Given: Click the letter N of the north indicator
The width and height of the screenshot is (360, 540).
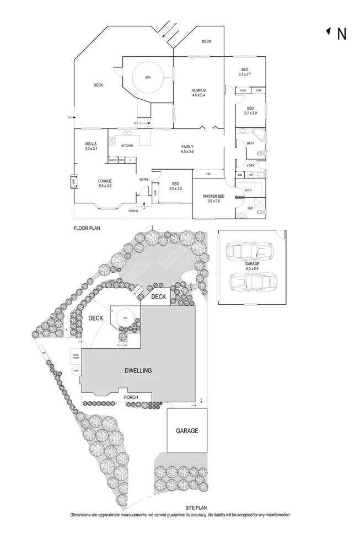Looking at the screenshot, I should coord(341,34).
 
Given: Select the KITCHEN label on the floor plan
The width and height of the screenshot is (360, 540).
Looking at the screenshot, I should coord(127,145).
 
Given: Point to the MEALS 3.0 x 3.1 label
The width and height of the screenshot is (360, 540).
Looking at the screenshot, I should coord(91,146).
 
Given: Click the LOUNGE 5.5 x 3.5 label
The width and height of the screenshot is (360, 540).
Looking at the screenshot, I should coord(105,183).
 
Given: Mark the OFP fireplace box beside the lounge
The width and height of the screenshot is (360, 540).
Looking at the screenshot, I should coord(72,181).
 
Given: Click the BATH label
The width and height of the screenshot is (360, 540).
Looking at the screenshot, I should coord(250,143).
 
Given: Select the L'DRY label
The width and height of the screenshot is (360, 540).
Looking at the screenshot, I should coord(250,165).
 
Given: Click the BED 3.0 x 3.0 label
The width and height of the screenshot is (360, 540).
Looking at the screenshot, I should coord(175,186).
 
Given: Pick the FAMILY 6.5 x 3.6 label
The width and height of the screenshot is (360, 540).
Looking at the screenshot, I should coord(187,149).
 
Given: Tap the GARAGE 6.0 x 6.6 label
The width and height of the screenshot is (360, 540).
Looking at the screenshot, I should coord(252,266).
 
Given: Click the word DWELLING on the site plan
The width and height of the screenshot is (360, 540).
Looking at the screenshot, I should coord(138,371).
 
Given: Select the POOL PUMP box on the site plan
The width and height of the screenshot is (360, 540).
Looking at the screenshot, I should coord(75,356).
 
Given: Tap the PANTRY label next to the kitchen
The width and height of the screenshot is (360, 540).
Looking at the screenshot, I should coord(112,160).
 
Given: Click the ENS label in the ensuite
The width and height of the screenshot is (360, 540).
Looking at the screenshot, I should coord(249,208).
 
